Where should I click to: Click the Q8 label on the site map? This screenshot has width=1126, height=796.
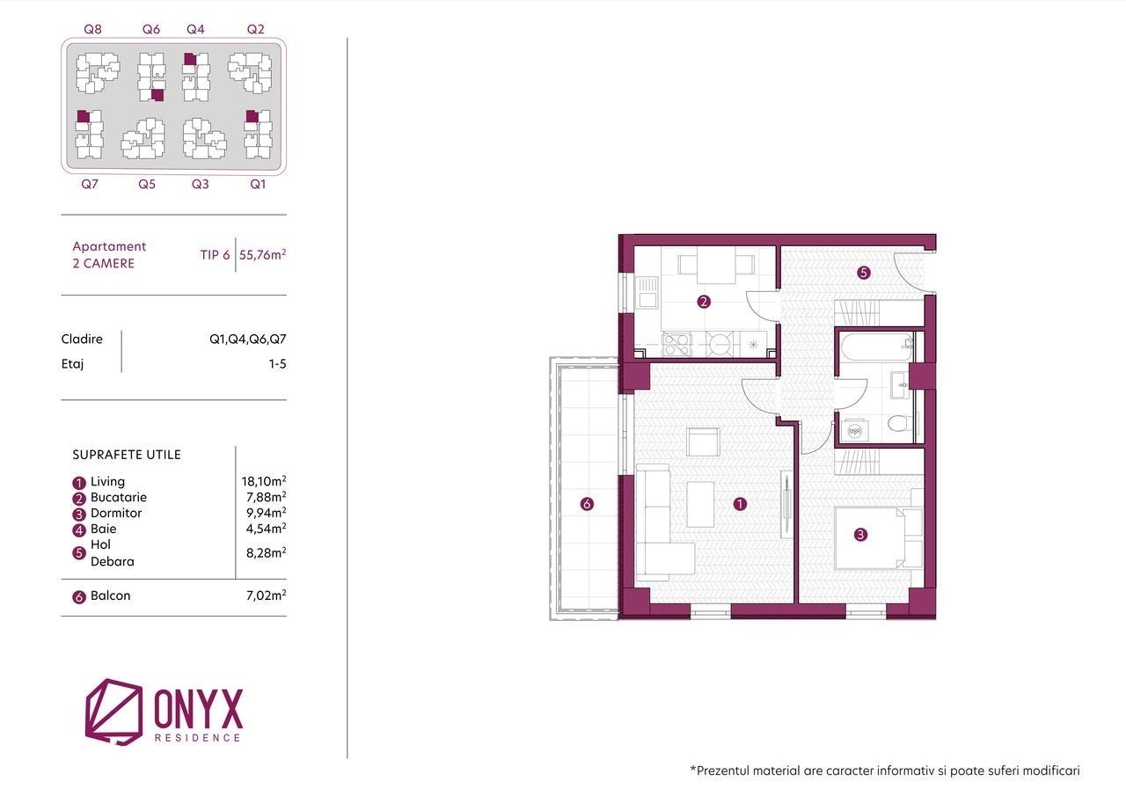click(92, 29)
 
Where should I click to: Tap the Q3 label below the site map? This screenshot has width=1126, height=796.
click(200, 184)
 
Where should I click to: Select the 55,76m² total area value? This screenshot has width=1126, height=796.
click(262, 254)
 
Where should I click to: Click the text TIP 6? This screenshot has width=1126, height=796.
click(215, 255)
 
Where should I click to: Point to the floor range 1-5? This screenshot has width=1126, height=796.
click(277, 364)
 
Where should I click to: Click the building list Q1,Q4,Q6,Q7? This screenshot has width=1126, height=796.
click(248, 340)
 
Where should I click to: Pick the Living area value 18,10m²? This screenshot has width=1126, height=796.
click(263, 481)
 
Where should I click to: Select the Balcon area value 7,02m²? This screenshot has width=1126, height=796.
click(266, 595)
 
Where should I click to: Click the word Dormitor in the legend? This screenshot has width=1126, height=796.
click(116, 513)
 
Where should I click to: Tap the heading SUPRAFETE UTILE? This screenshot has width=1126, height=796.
click(127, 455)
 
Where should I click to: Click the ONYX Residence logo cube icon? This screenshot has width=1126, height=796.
click(113, 711)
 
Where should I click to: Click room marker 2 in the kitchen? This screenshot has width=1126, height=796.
click(704, 302)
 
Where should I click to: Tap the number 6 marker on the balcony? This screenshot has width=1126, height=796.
click(587, 503)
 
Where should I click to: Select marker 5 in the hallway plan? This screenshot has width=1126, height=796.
click(864, 273)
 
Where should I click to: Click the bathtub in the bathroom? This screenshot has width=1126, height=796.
click(876, 346)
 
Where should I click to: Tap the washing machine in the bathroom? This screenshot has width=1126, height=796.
click(854, 431)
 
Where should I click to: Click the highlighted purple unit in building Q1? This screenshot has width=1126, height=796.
click(252, 117)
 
